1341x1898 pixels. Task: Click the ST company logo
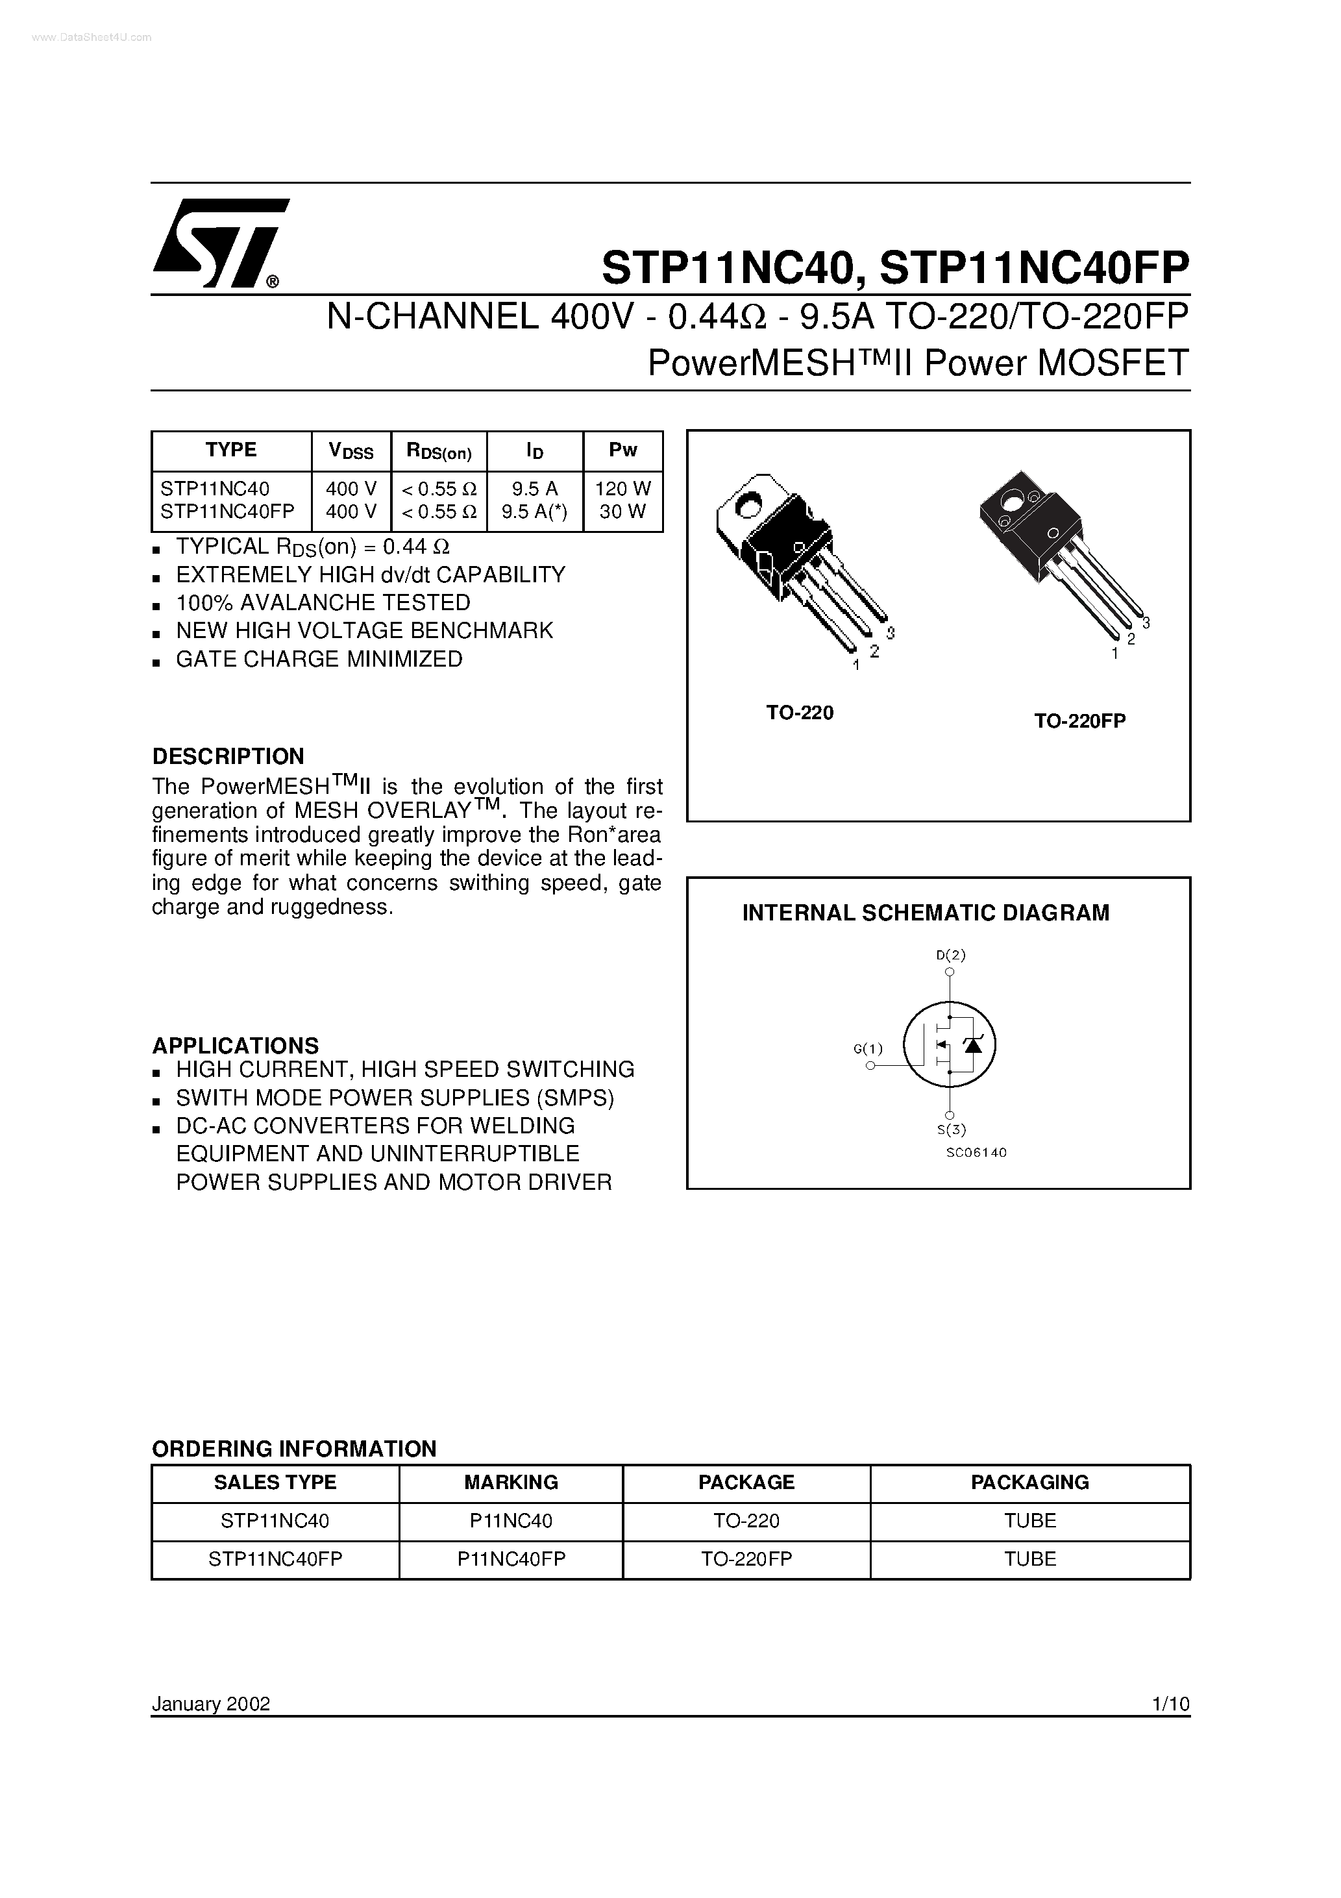(220, 243)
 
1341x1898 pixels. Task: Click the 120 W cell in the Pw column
(622, 489)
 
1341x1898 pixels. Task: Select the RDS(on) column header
(438, 451)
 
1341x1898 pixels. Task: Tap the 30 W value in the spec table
(622, 511)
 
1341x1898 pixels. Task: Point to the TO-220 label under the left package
(800, 713)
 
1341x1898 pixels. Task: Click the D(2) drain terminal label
(951, 955)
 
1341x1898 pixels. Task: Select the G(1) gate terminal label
(868, 1049)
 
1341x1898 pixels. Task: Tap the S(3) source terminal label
(951, 1129)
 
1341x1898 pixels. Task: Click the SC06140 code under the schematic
(976, 1152)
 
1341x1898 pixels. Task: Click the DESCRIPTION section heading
(228, 756)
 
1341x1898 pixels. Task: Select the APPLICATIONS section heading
(236, 1045)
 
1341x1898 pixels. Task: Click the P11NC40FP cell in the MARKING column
(511, 1559)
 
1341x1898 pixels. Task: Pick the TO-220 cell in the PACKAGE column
(746, 1521)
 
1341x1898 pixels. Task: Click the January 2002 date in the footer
(211, 1704)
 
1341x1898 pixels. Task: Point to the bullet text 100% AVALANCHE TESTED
(323, 602)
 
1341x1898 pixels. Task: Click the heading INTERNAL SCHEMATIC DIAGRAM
(925, 913)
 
